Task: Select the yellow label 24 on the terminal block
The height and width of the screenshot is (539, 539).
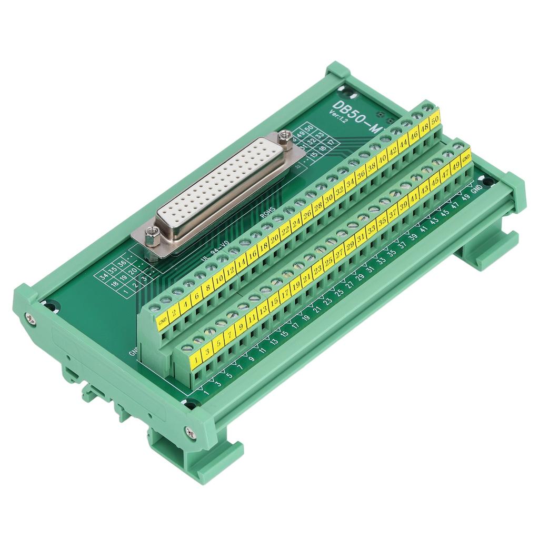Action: tap(295, 222)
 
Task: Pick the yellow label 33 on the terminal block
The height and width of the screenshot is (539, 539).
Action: tap(371, 229)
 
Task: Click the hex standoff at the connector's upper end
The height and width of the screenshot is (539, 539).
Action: tap(285, 136)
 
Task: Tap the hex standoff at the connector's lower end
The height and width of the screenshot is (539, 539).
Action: tap(152, 234)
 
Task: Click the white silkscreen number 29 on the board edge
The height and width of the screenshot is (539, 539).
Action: tap(360, 276)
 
